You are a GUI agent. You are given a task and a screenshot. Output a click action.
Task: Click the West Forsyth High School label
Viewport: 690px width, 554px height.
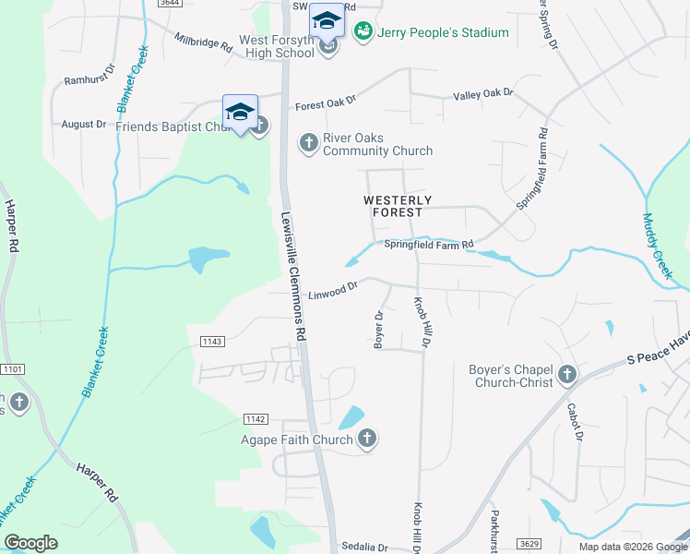click(x=277, y=46)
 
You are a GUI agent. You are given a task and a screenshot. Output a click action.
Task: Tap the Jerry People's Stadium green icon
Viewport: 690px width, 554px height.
click(x=363, y=32)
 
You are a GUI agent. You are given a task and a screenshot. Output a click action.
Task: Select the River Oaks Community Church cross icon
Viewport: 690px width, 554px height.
click(x=308, y=142)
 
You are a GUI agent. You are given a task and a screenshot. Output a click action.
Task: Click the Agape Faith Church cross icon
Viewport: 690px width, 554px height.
click(x=367, y=440)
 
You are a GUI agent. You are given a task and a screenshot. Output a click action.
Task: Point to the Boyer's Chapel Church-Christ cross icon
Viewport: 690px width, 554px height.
click(x=567, y=375)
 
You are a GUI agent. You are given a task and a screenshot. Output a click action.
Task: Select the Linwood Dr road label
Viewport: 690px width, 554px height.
click(x=332, y=291)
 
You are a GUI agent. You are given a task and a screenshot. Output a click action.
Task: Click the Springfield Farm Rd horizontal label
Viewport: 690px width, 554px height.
click(x=428, y=244)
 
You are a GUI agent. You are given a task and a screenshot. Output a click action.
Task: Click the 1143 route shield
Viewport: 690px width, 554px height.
click(x=211, y=342)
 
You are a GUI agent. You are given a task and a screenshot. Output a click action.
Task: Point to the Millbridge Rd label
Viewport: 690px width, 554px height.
click(x=203, y=42)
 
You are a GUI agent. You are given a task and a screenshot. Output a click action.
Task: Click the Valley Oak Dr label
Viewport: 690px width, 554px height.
click(x=482, y=94)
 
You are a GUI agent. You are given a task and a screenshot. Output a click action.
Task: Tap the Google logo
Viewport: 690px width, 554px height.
click(x=30, y=543)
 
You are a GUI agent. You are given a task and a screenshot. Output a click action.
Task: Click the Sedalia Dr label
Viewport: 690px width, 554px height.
click(x=361, y=547)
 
